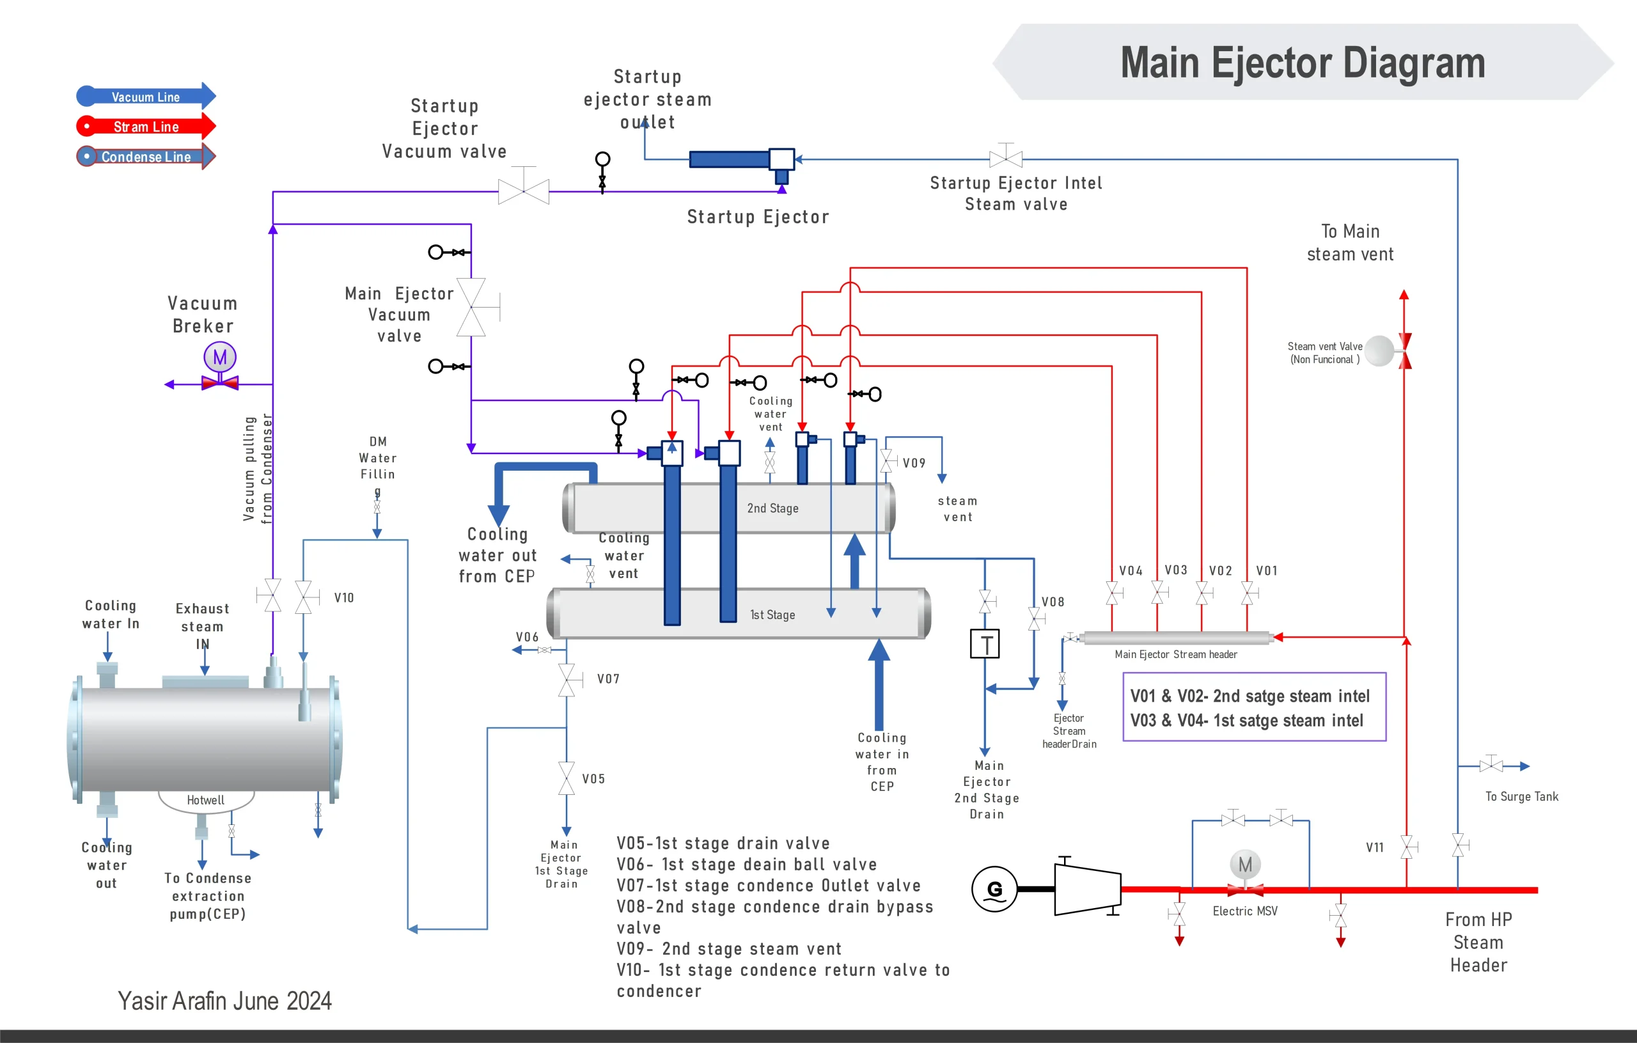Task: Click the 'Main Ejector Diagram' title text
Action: tap(1302, 63)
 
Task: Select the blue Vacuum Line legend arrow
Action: tap(146, 97)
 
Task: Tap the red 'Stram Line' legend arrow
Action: tap(146, 127)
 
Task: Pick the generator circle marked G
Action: tap(994, 889)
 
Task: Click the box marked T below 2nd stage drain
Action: tap(984, 644)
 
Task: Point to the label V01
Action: tap(1267, 570)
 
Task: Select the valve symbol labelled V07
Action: tap(567, 680)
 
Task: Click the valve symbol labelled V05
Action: tap(567, 778)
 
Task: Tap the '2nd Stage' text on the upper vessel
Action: tap(772, 508)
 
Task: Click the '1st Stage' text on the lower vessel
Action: tap(772, 615)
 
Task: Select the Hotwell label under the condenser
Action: tap(205, 800)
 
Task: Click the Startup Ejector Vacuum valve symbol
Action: tap(524, 191)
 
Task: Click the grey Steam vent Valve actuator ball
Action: tap(1380, 351)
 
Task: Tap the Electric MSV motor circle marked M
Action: tap(1245, 865)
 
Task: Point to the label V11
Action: tap(1375, 847)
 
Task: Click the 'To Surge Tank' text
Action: tap(1521, 796)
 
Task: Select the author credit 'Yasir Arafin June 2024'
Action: tap(224, 1001)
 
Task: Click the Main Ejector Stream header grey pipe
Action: tap(1176, 637)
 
